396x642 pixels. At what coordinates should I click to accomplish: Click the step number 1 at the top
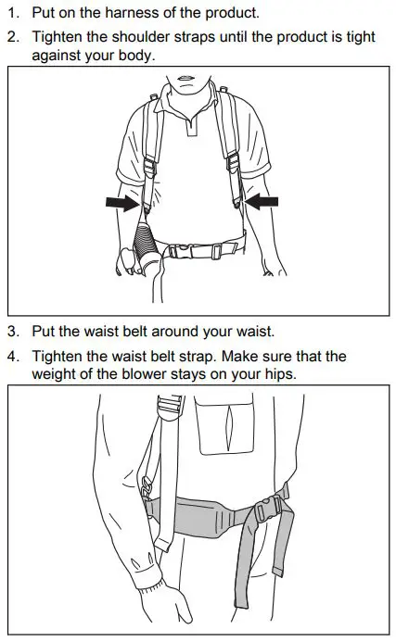(x=11, y=14)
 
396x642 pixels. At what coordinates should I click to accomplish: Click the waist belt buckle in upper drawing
(x=198, y=249)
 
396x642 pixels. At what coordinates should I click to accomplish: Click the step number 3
(x=11, y=331)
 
